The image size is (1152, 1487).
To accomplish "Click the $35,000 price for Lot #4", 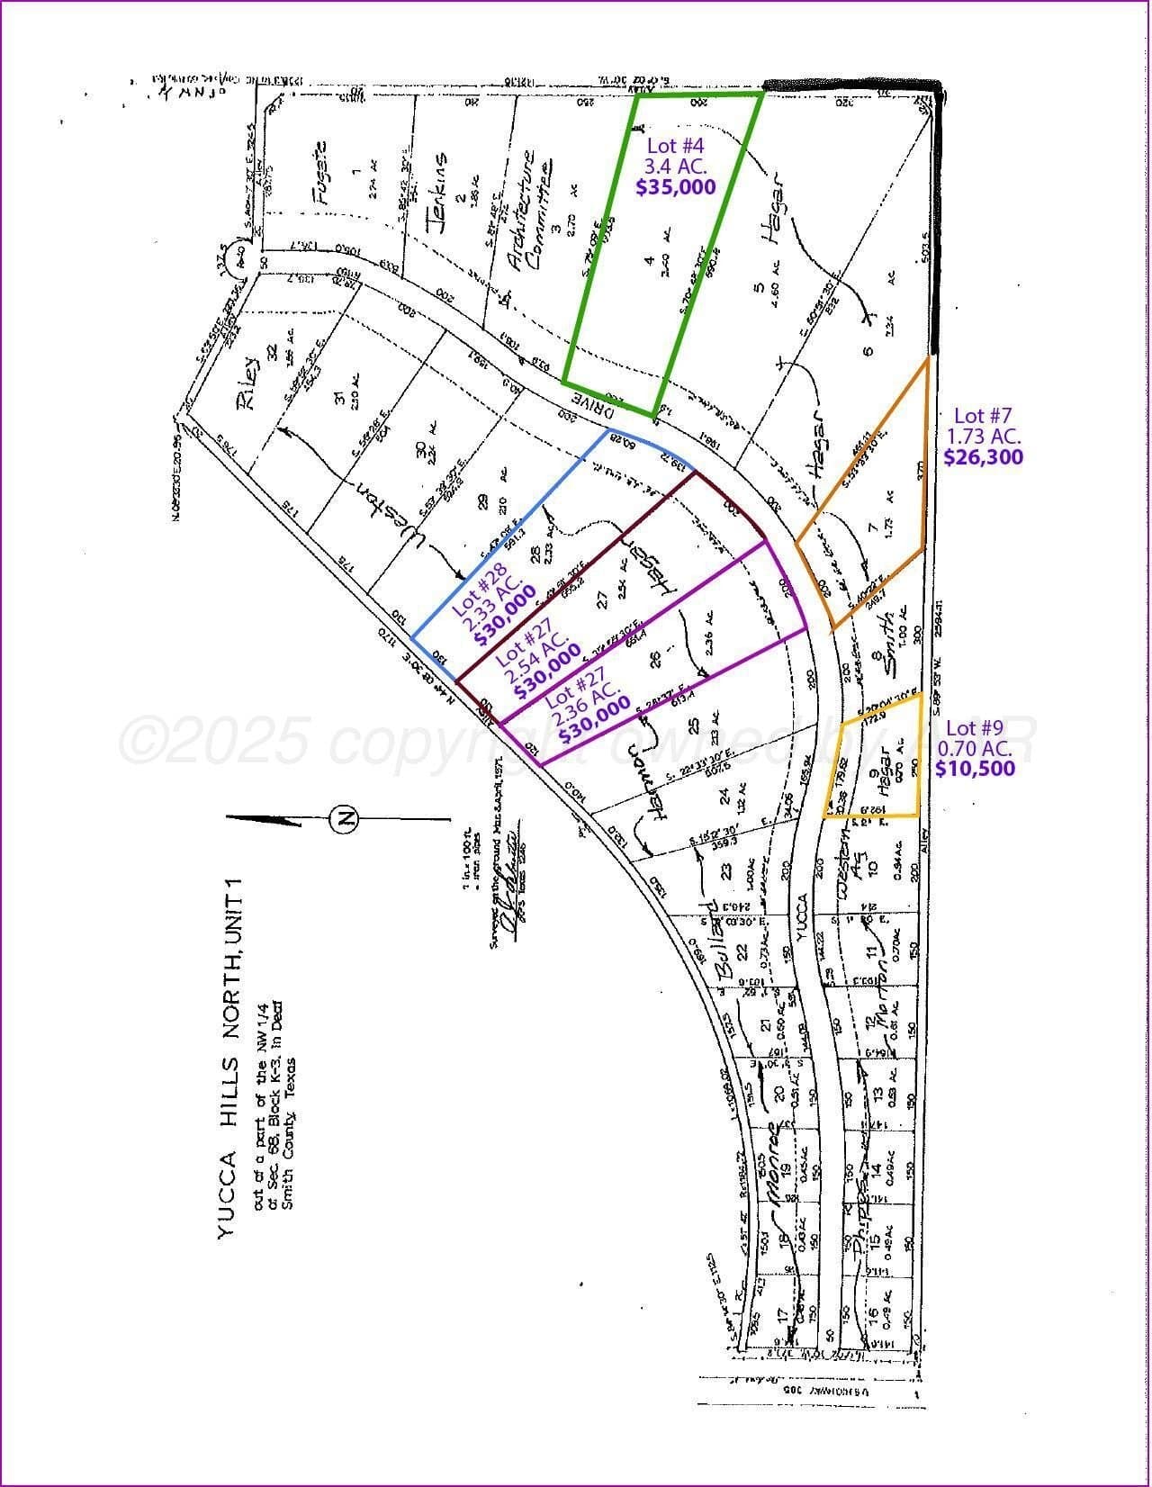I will pyautogui.click(x=676, y=186).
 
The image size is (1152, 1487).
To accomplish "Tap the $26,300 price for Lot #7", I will pyautogui.click(x=983, y=456).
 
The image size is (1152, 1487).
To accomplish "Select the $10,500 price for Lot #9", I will pyautogui.click(x=975, y=768).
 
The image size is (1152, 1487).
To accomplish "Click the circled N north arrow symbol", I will pyautogui.click(x=344, y=818).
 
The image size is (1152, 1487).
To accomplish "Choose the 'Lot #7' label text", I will pyautogui.click(x=983, y=415).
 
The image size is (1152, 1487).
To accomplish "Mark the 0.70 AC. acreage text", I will pyautogui.click(x=975, y=748).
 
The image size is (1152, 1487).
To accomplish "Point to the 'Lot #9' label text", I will pyautogui.click(x=974, y=727).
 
